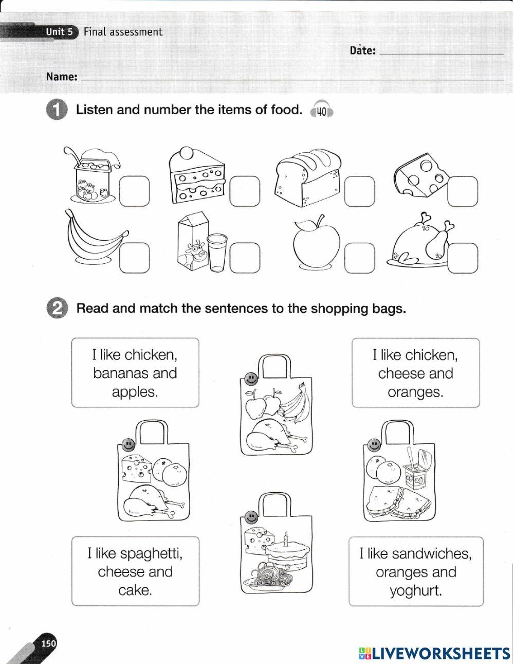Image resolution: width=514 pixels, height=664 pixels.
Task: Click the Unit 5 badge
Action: pos(60,32)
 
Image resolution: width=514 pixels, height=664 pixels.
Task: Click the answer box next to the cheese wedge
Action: pos(463,191)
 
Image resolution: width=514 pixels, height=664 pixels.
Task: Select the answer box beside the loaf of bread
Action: pos(360,191)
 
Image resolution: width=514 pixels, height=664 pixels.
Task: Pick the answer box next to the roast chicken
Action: pos(463,258)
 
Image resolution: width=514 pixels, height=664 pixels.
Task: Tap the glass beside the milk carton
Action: pos(217,253)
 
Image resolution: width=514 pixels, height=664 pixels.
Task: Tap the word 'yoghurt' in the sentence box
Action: pos(416,590)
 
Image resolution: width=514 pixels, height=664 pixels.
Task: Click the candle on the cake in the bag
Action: pos(286,539)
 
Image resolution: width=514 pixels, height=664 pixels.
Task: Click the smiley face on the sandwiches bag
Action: pos(373,444)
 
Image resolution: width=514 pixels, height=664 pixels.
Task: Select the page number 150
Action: pos(49,643)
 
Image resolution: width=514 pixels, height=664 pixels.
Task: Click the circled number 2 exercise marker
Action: pos(57,308)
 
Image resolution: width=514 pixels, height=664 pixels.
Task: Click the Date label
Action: pos(362,50)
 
